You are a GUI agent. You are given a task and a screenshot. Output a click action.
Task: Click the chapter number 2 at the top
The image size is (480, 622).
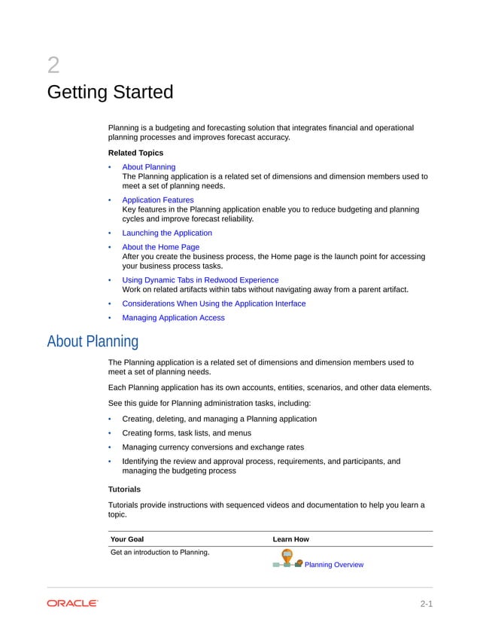point(53,66)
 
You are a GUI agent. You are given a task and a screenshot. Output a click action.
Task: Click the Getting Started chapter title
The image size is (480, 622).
point(110,93)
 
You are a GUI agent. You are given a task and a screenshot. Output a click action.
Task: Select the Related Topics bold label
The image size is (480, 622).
point(135,153)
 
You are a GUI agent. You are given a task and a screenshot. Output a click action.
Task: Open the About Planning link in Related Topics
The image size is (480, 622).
point(148,167)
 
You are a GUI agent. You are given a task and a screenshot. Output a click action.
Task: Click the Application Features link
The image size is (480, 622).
point(157,200)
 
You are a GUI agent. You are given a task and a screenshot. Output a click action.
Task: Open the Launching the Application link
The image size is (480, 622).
point(166,233)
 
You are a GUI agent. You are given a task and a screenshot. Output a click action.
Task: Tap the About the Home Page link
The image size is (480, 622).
point(160,247)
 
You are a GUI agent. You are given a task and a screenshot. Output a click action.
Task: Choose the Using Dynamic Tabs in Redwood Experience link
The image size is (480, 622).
point(199,280)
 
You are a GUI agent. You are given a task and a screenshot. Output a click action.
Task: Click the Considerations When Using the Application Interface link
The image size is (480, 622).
point(214,304)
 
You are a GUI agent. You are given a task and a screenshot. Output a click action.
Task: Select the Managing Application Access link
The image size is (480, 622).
point(173,318)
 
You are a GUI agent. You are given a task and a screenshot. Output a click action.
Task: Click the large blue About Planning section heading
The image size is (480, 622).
point(93,342)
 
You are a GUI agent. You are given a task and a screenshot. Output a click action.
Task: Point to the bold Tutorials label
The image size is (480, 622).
point(124,489)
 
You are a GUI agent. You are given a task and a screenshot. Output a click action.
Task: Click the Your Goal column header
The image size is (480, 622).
point(127,539)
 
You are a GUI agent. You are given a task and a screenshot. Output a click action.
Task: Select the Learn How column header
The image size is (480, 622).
point(290,539)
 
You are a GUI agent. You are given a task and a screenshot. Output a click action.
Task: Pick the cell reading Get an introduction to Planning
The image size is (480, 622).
point(159,553)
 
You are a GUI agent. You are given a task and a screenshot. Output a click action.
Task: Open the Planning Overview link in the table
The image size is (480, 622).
point(333,565)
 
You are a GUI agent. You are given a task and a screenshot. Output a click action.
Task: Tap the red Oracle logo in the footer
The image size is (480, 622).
point(72,603)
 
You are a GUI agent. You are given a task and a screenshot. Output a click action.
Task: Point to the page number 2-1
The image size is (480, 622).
point(426,604)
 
